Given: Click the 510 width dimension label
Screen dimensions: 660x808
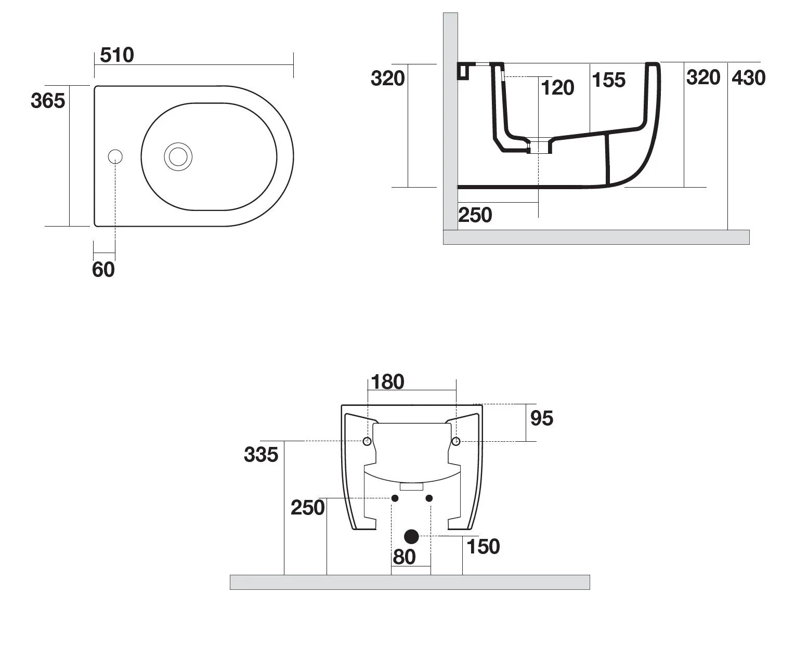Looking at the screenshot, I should tap(117, 55).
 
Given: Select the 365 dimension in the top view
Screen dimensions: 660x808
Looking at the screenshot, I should tap(48, 100).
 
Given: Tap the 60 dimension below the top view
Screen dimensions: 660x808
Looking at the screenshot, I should tap(103, 270).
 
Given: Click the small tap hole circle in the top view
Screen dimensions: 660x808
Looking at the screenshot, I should tap(115, 156).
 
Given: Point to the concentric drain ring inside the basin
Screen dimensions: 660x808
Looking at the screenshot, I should tap(178, 156).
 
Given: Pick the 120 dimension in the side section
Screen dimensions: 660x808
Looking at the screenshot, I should tap(557, 88).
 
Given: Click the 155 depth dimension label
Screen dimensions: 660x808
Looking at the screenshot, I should tap(608, 80).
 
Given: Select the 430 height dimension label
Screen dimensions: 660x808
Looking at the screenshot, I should tap(748, 78).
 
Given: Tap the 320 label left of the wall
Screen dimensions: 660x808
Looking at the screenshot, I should tap(387, 79).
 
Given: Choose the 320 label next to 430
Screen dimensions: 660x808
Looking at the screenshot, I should tap(703, 77).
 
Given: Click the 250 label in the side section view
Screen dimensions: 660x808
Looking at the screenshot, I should tap(475, 215).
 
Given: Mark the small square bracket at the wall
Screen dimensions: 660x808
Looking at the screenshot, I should tap(463, 71).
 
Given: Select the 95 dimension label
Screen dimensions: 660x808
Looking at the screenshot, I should tap(542, 418).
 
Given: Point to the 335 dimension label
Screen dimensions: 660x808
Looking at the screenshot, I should tap(261, 455).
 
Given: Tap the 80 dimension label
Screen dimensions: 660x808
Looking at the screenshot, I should tap(404, 557).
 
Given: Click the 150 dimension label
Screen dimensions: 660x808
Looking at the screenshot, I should tap(483, 546).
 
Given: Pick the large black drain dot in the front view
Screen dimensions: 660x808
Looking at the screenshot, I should tap(411, 536).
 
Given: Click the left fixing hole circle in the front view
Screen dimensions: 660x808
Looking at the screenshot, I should tap(367, 441).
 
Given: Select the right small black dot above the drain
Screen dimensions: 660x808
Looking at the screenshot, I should tap(429, 498).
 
